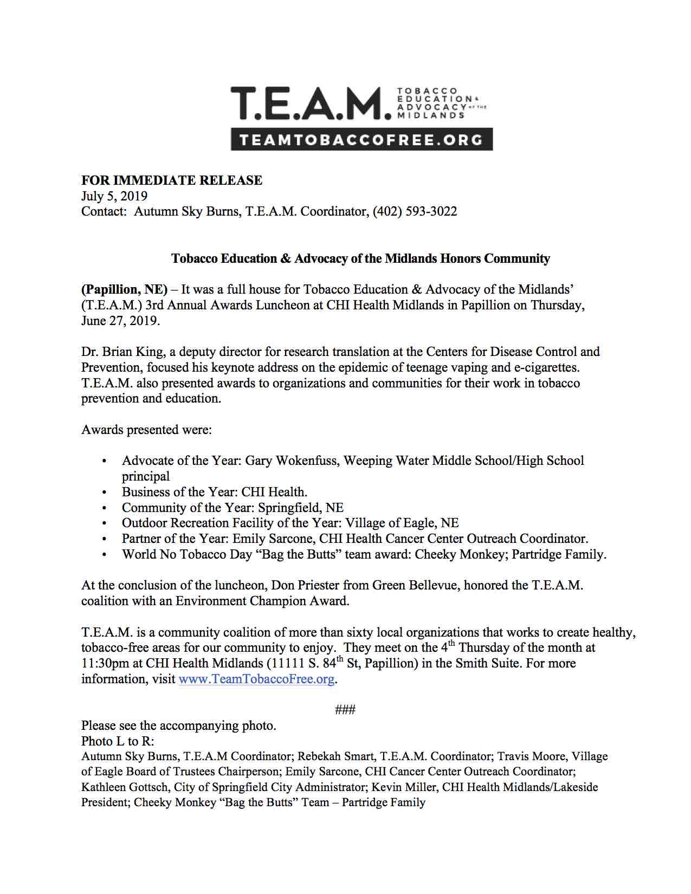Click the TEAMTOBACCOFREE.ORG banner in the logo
(x=361, y=139)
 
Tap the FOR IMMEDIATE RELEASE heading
(x=171, y=180)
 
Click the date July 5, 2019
(x=114, y=196)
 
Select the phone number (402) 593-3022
(x=415, y=211)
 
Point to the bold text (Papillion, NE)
(x=124, y=289)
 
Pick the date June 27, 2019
(x=120, y=320)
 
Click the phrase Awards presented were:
(x=146, y=430)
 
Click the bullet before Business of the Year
(x=104, y=493)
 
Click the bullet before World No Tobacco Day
(x=104, y=555)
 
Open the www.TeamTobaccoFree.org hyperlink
(x=256, y=679)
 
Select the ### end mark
(x=345, y=710)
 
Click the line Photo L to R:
(x=118, y=741)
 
